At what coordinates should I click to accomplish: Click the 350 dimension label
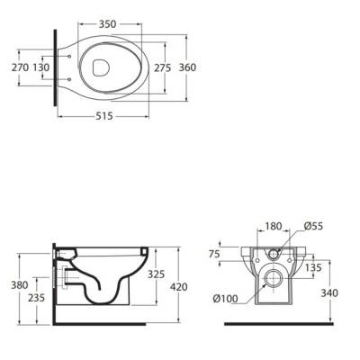[x=107, y=24]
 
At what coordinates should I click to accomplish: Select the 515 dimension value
[x=104, y=116]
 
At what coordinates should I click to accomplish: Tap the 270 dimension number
[x=21, y=67]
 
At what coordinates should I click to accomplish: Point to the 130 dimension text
[x=41, y=67]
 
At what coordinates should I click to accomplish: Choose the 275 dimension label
[x=163, y=68]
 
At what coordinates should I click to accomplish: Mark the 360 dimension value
[x=187, y=67]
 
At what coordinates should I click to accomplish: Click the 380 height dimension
[x=20, y=284]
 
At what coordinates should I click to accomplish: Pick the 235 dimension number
[x=36, y=298]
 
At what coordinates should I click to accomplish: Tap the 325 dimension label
[x=156, y=274]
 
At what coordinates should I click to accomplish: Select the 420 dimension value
[x=178, y=287]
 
